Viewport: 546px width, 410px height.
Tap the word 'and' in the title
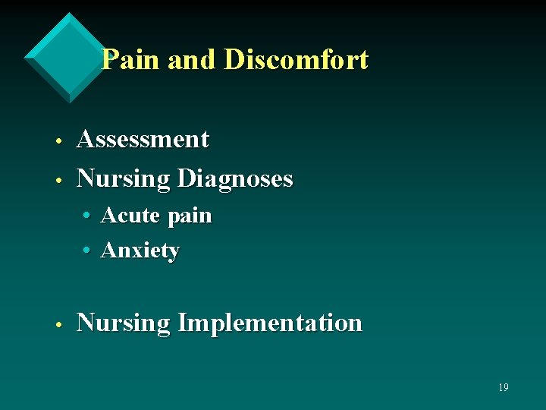pos(191,59)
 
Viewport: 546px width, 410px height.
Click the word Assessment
pos(143,139)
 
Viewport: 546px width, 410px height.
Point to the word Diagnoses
pos(234,179)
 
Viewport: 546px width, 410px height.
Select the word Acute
pos(130,216)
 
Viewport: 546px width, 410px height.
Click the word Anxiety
pos(140,251)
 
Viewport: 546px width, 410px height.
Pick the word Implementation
pos(269,323)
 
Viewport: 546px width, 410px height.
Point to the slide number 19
pos(503,387)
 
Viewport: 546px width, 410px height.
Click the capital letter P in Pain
pos(110,59)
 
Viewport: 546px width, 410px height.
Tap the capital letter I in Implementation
pos(182,322)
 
